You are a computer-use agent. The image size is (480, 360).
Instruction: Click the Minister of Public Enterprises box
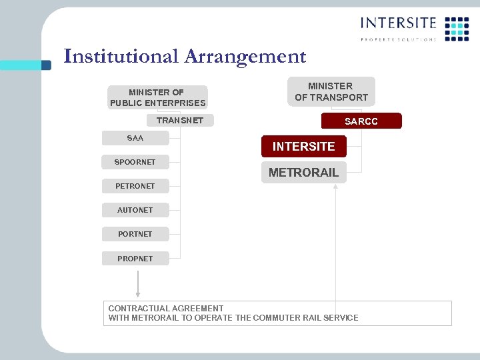coord(157,97)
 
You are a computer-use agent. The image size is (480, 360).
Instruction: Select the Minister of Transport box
coord(330,92)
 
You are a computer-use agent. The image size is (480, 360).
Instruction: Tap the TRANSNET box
coord(179,121)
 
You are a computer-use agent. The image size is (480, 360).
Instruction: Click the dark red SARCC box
coord(361,121)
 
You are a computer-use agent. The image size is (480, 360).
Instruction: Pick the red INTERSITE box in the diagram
coord(303,146)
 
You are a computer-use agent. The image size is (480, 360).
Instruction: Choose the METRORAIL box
coord(303,172)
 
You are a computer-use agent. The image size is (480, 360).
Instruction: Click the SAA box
coord(135,138)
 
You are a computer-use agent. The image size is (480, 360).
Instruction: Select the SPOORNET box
coord(135,162)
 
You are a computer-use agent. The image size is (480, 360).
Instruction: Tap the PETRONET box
coord(135,186)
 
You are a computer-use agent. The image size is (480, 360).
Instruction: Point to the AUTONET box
coord(135,210)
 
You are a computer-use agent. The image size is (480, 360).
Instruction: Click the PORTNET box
coord(135,234)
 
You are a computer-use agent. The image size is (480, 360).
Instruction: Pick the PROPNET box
coord(135,258)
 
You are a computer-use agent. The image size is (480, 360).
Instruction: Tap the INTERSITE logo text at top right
coord(398,23)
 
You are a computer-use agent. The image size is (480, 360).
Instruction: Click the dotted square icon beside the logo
coord(457,29)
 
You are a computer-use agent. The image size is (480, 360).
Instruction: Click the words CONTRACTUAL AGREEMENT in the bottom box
coord(166,308)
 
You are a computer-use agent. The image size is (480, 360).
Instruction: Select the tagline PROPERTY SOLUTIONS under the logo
coord(398,39)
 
